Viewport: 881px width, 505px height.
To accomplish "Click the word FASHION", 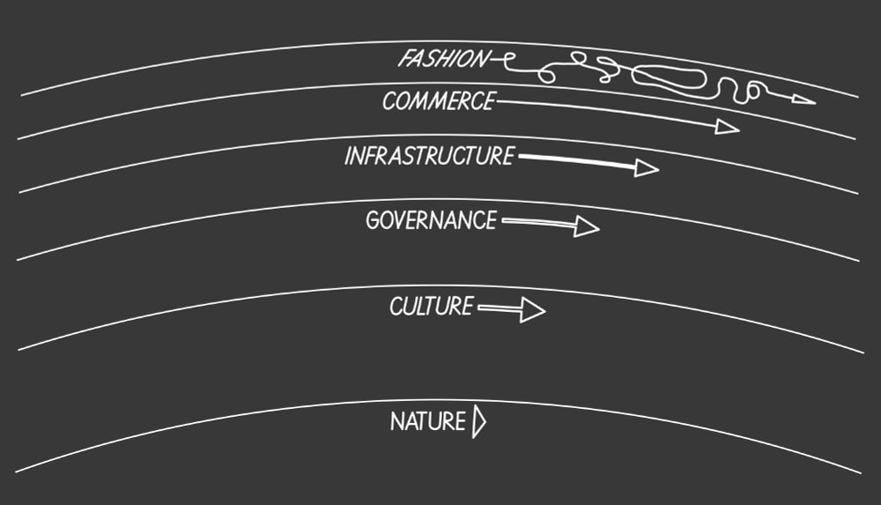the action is (x=444, y=59).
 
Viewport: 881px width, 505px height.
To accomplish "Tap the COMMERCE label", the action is (x=439, y=101).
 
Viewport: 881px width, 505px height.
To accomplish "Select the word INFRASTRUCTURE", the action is (x=429, y=156).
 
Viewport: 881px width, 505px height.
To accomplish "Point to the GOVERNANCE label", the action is (x=432, y=220).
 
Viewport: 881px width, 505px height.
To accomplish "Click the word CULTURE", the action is (x=432, y=307).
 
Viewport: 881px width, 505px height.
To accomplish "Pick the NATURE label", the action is (x=428, y=422).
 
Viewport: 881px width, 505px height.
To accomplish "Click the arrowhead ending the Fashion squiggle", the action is (x=803, y=99).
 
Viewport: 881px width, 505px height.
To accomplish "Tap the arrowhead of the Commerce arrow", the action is (x=727, y=127).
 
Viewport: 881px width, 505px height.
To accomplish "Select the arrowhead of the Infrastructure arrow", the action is (x=647, y=167).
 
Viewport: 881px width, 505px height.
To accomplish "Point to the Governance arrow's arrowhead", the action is (x=587, y=227).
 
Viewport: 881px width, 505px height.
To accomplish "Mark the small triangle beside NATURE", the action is (x=479, y=421).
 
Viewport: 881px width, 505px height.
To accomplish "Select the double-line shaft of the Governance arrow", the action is (x=538, y=223).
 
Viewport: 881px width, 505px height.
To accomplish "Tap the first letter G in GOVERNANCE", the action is (x=373, y=220).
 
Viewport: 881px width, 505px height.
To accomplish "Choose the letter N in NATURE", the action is (x=397, y=422).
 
